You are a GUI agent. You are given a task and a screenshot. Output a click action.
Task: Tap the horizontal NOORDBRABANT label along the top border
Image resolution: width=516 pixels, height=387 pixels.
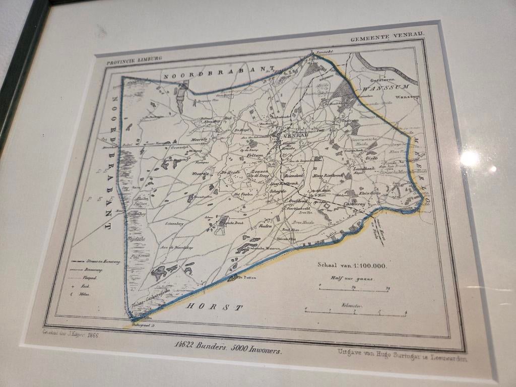[x=218, y=71]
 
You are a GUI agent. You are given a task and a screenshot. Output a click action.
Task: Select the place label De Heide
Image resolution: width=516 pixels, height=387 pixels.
[x=229, y=172]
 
